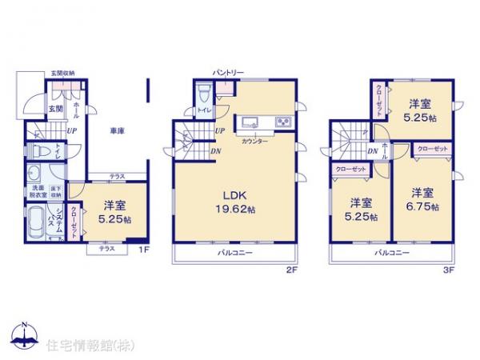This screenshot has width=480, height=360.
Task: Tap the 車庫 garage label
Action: pyautogui.click(x=118, y=133)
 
